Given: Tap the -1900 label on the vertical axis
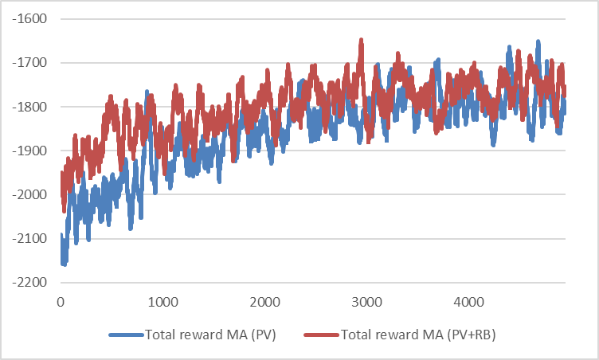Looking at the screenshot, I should (29, 151).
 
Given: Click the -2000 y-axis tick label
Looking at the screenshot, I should (29, 194).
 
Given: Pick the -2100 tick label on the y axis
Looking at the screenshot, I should (29, 239).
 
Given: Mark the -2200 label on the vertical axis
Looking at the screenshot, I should (29, 283).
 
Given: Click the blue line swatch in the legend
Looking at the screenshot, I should (127, 335).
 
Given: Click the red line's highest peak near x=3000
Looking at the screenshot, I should (361, 40).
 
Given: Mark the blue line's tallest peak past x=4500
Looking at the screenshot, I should (538, 41).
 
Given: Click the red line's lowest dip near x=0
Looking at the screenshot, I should (64, 210).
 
